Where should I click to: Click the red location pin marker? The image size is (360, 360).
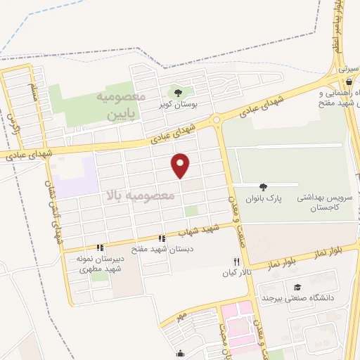[181, 165]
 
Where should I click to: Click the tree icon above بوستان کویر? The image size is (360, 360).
[178, 91]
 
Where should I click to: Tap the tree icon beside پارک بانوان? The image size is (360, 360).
[264, 187]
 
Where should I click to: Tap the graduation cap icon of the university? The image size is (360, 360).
[298, 287]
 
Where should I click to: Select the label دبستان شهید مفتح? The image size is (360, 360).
[162, 249]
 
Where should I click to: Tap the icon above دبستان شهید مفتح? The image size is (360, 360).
[162, 238]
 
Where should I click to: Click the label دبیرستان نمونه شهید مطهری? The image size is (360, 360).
[100, 263]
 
